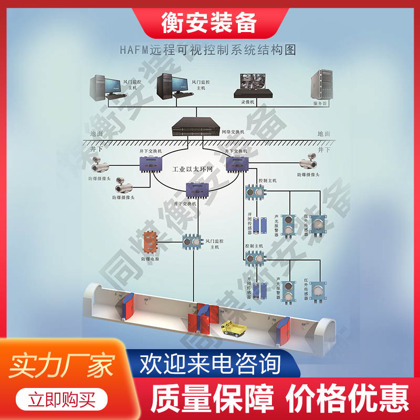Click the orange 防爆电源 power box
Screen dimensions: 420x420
point(151,241)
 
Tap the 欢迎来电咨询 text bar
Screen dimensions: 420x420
point(210,364)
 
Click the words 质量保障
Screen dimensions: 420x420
point(212,399)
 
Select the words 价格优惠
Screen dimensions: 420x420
point(346,399)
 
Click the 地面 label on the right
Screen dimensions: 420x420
point(324,134)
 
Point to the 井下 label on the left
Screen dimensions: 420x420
point(97,149)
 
